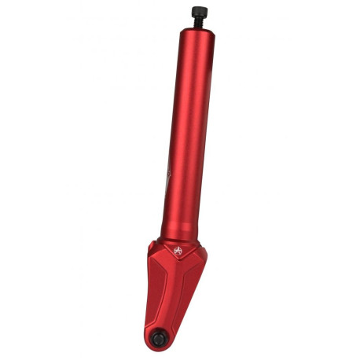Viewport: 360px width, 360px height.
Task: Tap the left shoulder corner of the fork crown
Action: (150, 250)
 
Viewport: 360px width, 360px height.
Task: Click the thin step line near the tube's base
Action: (179, 229)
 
